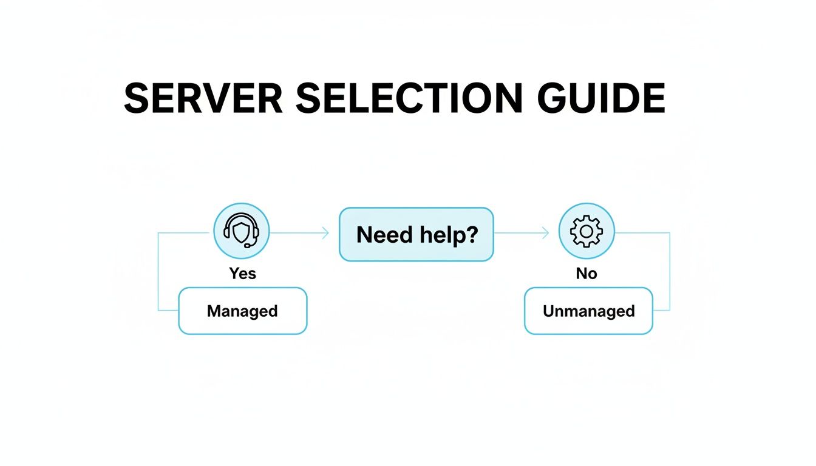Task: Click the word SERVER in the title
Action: [x=203, y=98]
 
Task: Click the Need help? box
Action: [x=416, y=234]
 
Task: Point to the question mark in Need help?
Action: [x=470, y=234]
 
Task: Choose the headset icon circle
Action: [x=242, y=231]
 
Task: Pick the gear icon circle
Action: [x=586, y=231]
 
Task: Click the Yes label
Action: [x=242, y=274]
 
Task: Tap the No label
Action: [x=586, y=274]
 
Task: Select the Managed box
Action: [x=242, y=311]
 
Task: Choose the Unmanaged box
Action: [x=588, y=311]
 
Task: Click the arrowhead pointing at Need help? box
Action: [x=326, y=232]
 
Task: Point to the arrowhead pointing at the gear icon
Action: [x=546, y=232]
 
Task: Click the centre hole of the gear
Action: [x=586, y=231]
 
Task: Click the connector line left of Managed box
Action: [x=158, y=273]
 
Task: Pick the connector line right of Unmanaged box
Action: [x=670, y=273]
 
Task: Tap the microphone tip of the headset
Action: [x=248, y=246]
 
